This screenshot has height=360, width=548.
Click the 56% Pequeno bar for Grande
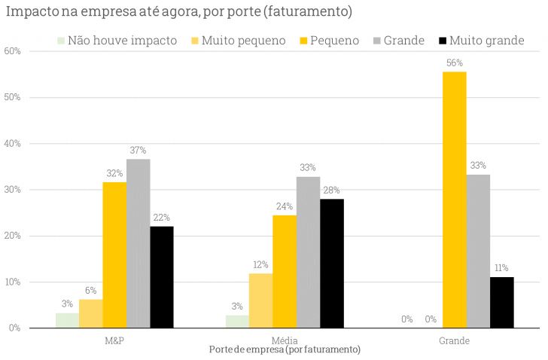[x=454, y=200]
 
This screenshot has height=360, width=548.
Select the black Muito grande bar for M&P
[x=162, y=277]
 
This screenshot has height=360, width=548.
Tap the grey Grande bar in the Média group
[x=308, y=252]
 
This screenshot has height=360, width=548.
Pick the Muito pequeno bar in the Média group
[x=260, y=301]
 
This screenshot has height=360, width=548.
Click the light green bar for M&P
[x=67, y=320]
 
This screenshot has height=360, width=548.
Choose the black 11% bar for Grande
[x=501, y=302]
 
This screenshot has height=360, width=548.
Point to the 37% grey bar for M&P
[x=139, y=243]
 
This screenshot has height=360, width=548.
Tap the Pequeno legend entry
[x=333, y=41]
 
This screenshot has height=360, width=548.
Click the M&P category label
[x=114, y=340]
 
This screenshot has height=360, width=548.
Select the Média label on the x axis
[x=284, y=340]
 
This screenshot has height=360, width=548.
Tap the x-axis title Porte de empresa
[x=284, y=350]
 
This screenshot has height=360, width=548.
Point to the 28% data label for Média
[x=331, y=191]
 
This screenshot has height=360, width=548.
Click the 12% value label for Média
[x=260, y=265]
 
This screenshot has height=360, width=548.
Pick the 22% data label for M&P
[x=162, y=218]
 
